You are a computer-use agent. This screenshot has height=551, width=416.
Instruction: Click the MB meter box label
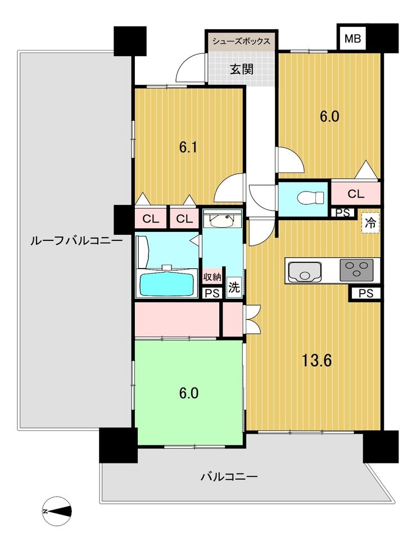click(x=352, y=38)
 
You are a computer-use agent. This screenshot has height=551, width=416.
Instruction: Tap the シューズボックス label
click(x=241, y=41)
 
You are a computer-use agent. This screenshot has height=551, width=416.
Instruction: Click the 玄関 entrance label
click(x=242, y=69)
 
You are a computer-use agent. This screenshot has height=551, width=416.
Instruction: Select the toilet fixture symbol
click(x=310, y=198)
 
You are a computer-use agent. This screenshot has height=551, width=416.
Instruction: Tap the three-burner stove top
click(x=356, y=270)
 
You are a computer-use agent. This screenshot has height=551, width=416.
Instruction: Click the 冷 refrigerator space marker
click(x=370, y=223)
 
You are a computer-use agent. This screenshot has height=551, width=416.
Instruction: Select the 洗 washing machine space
click(x=234, y=288)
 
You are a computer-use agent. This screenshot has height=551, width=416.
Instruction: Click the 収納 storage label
click(x=212, y=277)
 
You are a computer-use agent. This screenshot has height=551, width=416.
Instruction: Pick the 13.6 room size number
click(x=318, y=361)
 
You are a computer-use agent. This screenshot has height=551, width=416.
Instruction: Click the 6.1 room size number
click(x=188, y=148)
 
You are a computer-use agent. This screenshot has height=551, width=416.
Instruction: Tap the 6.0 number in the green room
click(x=189, y=393)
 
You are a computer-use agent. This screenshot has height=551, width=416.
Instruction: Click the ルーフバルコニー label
click(x=76, y=241)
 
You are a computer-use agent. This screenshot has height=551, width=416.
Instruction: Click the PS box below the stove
click(x=366, y=293)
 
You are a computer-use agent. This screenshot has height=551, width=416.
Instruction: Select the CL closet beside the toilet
click(x=356, y=194)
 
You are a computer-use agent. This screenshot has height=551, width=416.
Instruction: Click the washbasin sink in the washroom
click(x=221, y=221)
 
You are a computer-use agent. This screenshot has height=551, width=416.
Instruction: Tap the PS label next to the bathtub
click(x=212, y=293)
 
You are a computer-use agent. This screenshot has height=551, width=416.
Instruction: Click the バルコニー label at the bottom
click(x=229, y=477)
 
